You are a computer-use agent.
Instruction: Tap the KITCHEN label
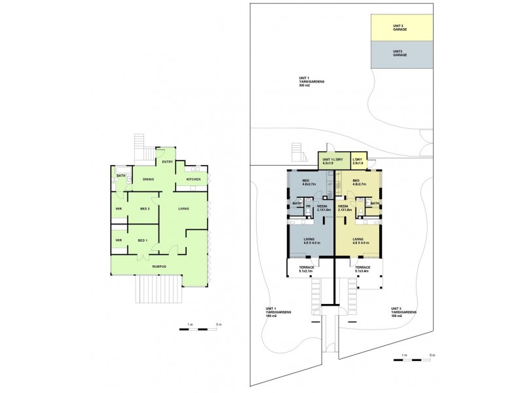(193, 179)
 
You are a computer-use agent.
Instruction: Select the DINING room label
(149, 179)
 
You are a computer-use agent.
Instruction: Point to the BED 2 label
(145, 209)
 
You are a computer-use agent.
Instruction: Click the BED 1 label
(142, 241)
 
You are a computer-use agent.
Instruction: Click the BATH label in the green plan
(121, 176)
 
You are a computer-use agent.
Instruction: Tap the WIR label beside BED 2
(119, 209)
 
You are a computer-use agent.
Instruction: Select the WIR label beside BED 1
(119, 240)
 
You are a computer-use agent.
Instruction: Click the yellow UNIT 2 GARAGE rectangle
(400, 28)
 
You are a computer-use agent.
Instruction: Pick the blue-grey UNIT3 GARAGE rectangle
(400, 54)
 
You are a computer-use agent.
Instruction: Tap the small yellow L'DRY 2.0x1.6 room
(358, 160)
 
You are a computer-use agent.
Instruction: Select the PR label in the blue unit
(308, 206)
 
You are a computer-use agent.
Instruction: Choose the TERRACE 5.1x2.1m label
(307, 269)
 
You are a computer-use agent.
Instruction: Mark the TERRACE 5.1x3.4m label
(362, 269)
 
